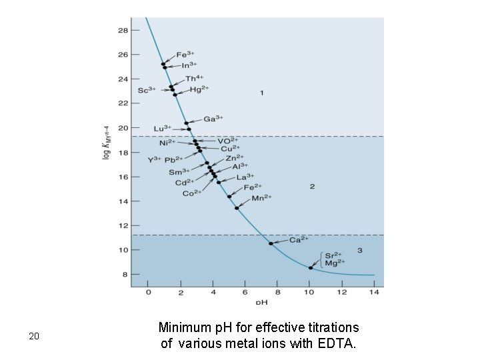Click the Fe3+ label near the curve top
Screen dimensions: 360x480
[x=186, y=55]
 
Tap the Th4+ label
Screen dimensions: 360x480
[x=193, y=79]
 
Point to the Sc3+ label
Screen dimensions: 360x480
[x=147, y=90]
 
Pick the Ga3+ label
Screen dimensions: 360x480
[x=213, y=119]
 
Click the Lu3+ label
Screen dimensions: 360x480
[x=163, y=128]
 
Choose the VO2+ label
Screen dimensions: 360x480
[x=227, y=141]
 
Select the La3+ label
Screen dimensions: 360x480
[x=245, y=177]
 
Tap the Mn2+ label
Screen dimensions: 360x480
[x=263, y=197]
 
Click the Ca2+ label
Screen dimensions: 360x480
[x=298, y=239]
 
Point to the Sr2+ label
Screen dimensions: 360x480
[x=333, y=255]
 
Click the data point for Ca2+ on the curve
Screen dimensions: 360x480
[x=271, y=243]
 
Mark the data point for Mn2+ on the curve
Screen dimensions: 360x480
[x=237, y=208]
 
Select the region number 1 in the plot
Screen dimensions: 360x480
[x=262, y=92]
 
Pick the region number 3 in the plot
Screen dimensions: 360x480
[x=360, y=250]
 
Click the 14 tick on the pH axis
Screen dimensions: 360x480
[x=374, y=292]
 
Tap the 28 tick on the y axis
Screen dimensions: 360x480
[x=123, y=30]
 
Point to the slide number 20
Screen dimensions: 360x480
[x=35, y=337]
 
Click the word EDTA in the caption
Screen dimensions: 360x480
[x=339, y=343]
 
